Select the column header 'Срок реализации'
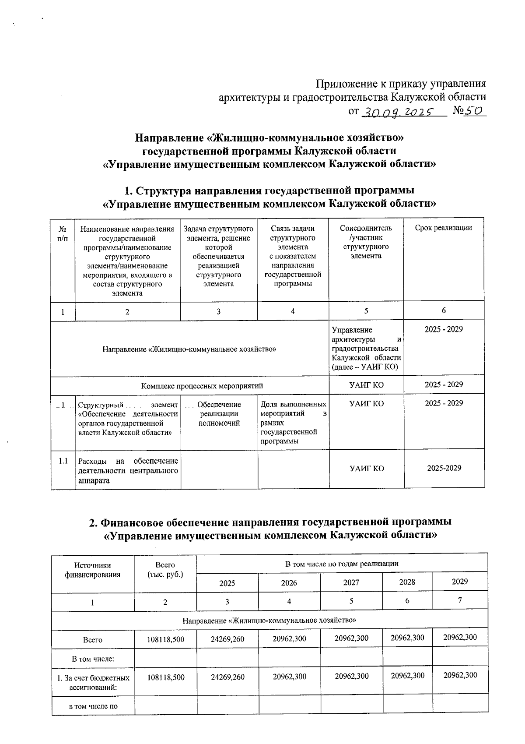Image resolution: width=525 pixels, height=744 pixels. click(x=443, y=228)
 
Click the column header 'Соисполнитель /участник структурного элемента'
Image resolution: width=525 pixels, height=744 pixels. click(x=366, y=242)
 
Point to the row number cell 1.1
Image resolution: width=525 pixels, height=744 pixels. click(x=63, y=461)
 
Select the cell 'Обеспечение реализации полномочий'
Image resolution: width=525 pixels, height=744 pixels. click(x=219, y=414)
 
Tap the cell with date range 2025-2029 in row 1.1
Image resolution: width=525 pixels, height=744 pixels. click(x=444, y=468)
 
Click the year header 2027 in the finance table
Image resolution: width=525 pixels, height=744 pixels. click(x=351, y=582)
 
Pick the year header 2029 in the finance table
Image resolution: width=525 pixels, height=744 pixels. click(x=459, y=582)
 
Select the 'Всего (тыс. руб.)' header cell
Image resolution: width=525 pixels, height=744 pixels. click(x=165, y=570)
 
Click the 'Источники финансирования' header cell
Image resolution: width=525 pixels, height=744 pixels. click(x=92, y=570)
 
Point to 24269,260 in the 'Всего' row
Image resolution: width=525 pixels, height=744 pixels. click(x=227, y=639)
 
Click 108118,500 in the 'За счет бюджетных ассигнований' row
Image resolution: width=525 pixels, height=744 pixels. click(x=165, y=677)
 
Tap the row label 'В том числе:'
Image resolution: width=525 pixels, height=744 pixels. click(x=92, y=658)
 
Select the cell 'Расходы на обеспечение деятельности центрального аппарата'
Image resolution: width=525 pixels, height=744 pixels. click(x=128, y=470)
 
